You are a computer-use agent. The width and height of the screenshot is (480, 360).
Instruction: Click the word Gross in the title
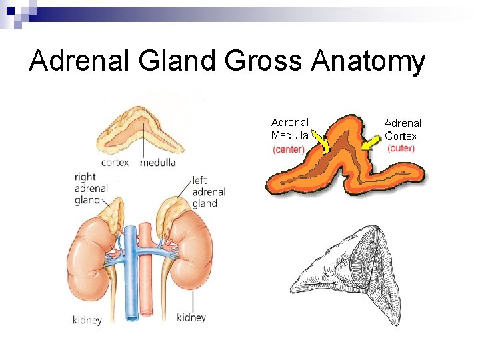(263, 62)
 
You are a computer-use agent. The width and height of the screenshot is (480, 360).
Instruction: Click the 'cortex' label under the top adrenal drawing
(115, 162)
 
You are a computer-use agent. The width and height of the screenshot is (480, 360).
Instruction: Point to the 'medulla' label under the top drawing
(158, 162)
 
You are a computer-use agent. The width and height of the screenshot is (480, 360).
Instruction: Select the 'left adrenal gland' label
(209, 191)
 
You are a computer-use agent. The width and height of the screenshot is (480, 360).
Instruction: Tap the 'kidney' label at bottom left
(87, 320)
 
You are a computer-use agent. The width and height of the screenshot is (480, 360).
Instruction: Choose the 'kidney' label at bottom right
(191, 317)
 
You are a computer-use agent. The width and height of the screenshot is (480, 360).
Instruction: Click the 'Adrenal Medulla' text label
(290, 129)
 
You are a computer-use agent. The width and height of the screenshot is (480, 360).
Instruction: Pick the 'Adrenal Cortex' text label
(403, 129)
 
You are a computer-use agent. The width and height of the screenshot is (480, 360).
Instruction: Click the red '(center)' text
(289, 149)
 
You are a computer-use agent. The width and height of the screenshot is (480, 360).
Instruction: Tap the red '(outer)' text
(401, 148)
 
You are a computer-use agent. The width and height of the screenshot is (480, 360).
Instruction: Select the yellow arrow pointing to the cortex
(369, 144)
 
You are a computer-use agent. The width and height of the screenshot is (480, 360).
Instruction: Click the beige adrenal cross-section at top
(141, 130)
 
